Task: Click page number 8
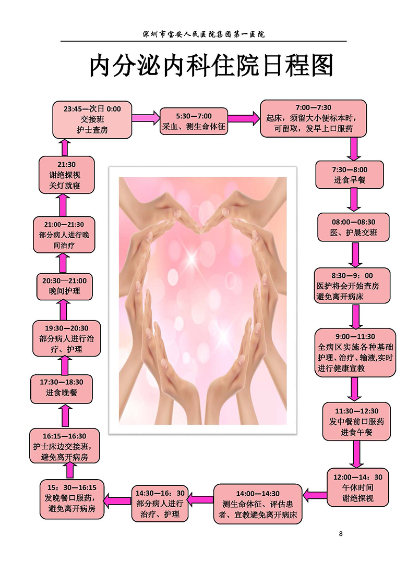[341, 533]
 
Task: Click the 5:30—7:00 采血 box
[194, 121]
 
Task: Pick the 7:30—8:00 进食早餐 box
[349, 175]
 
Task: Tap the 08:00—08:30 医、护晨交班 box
[354, 227]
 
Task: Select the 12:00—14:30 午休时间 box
[358, 487]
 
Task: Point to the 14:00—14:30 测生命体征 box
[258, 504]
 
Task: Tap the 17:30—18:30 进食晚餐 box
[62, 387]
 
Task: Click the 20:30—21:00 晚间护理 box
[64, 286]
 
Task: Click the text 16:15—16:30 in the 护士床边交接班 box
[65, 436]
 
